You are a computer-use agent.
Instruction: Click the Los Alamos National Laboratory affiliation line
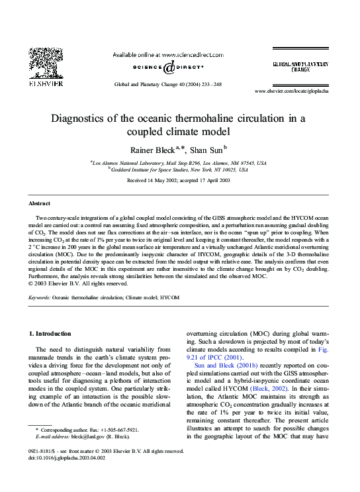(x=179, y=162)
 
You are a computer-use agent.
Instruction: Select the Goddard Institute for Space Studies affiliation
(x=179, y=170)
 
